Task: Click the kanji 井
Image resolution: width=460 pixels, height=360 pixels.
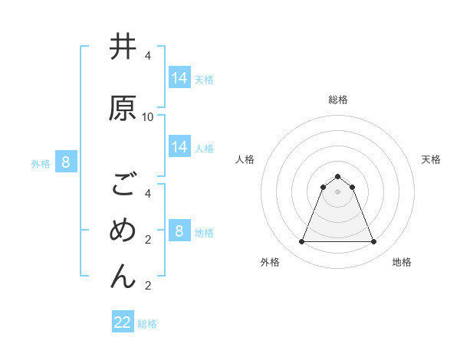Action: (123, 47)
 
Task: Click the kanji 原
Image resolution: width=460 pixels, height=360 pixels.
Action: (123, 108)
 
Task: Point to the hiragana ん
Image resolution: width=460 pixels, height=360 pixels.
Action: (123, 276)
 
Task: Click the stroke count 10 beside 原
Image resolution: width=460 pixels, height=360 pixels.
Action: (148, 117)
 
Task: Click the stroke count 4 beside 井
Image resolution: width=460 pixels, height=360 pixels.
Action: (148, 56)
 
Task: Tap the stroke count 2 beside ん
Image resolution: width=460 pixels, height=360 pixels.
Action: (148, 286)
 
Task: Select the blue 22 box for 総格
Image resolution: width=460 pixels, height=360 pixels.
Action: (123, 322)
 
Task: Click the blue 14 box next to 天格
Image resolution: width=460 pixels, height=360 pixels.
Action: (179, 77)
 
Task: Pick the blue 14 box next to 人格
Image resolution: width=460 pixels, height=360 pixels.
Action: (179, 147)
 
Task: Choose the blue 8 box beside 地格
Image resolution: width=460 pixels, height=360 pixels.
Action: (179, 231)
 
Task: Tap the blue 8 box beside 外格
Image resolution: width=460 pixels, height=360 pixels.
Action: (66, 162)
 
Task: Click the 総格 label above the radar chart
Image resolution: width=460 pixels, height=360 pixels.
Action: (337, 100)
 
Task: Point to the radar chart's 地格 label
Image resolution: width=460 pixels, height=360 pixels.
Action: (402, 262)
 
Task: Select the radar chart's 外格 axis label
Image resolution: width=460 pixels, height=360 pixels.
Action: (270, 262)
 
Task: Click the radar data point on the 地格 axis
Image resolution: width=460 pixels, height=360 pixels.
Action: (374, 242)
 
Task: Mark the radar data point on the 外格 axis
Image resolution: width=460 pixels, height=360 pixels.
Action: (301, 242)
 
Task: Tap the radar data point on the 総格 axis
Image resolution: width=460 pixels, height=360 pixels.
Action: (337, 176)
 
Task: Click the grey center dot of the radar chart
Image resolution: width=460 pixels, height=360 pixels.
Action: (337, 191)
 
